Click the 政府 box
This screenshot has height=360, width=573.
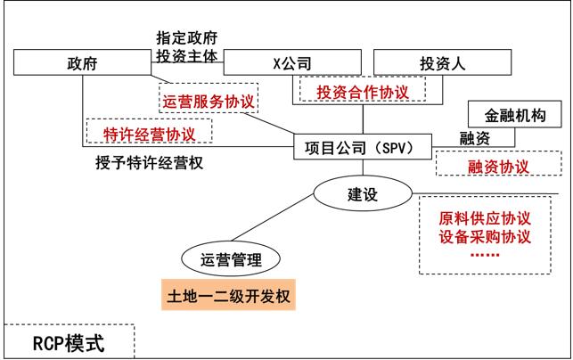coord(82,63)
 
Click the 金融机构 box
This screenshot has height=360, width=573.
coord(516,115)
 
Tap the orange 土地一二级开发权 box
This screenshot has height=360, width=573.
coord(227,292)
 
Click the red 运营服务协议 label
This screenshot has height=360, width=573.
coord(208,102)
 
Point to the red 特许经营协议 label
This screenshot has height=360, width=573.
coord(150,133)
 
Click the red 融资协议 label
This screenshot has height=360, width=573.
coord(498,167)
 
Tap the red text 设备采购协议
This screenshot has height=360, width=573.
coord(485,237)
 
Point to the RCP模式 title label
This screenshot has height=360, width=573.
coord(69,342)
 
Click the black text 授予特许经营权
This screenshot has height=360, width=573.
coord(146,164)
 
